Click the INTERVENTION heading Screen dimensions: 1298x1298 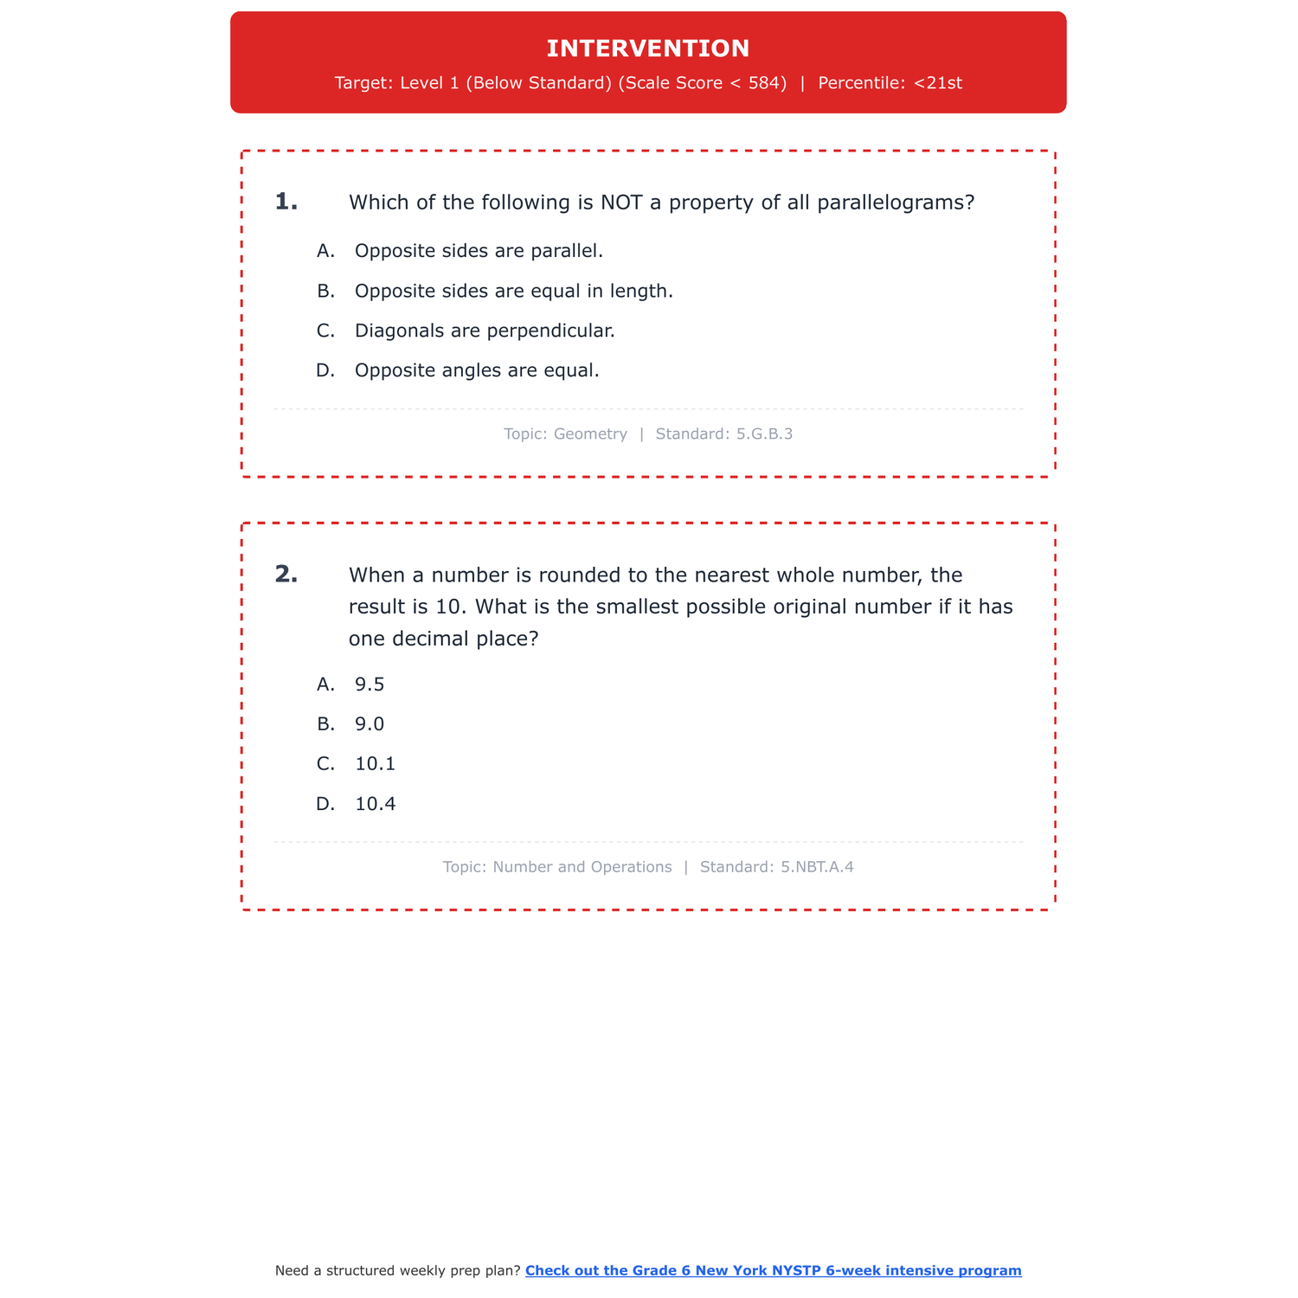coord(648,48)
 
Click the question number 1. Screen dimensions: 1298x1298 coord(286,202)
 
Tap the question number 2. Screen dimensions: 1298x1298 coord(286,574)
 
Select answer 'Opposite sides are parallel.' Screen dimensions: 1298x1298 coord(479,251)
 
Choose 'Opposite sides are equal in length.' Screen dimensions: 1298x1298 coord(513,291)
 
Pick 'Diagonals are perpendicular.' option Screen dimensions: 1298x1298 coord(485,331)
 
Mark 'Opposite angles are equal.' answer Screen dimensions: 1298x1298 coord(477,370)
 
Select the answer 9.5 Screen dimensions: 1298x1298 coord(369,684)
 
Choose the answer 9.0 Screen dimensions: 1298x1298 coord(369,724)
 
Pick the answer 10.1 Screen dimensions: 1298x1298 coord(375,764)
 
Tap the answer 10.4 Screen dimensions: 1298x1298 coord(375,804)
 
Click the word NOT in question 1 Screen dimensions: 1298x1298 coord(620,202)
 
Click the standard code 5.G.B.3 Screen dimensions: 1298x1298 coord(764,434)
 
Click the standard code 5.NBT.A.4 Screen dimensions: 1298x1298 coord(817,866)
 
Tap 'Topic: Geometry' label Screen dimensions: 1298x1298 coord(565,434)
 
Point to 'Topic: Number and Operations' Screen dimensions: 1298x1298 coord(557,866)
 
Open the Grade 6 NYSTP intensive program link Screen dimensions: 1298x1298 coord(773,1270)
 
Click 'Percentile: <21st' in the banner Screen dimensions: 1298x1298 coord(890,83)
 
